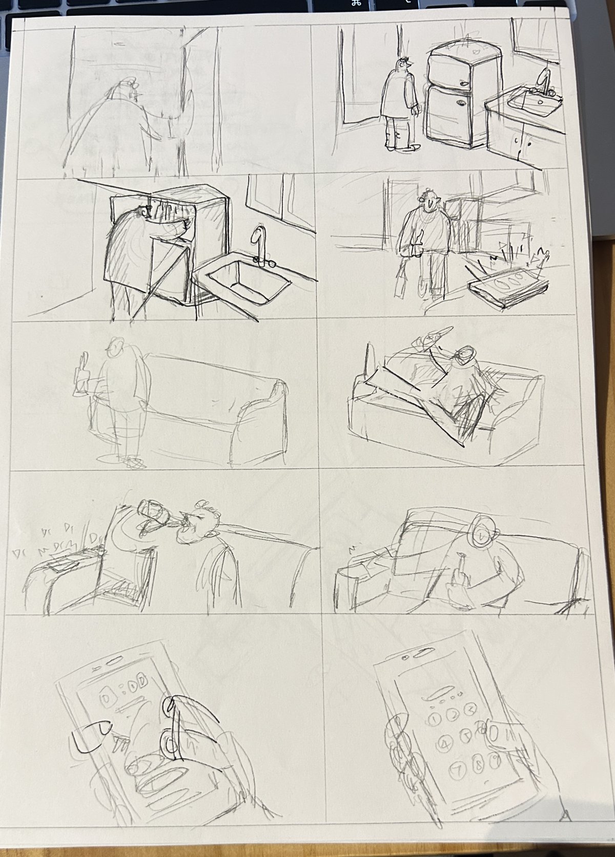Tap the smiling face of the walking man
(x=429, y=203)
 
